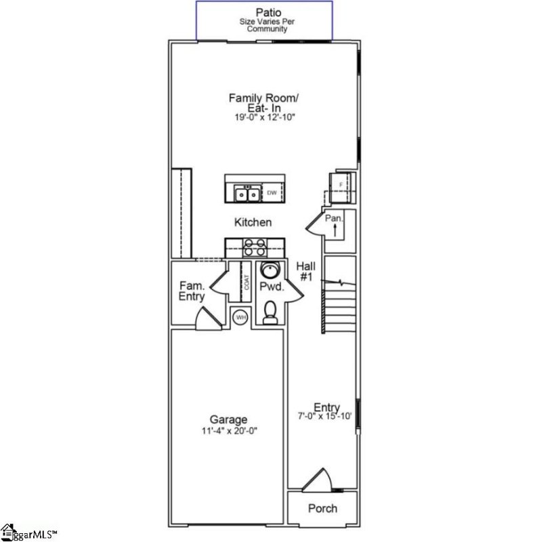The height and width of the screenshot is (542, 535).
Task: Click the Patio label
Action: coord(264,12)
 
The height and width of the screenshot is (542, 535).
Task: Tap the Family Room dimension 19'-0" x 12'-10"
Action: coord(263,117)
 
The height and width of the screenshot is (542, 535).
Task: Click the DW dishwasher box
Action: coord(272,194)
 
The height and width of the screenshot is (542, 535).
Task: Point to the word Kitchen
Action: coord(253,222)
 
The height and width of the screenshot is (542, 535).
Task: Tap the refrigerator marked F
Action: coord(341,184)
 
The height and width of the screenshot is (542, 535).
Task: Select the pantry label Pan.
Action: coord(334,218)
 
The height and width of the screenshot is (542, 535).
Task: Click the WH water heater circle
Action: coord(240,316)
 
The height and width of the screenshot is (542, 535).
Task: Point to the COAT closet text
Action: coord(247,282)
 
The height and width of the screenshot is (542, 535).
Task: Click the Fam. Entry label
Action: coord(192,291)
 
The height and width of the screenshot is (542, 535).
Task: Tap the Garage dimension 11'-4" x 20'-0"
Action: coord(228,430)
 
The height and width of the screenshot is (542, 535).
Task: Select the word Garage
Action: coord(228,419)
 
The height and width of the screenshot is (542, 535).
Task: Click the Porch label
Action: coord(322,509)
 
